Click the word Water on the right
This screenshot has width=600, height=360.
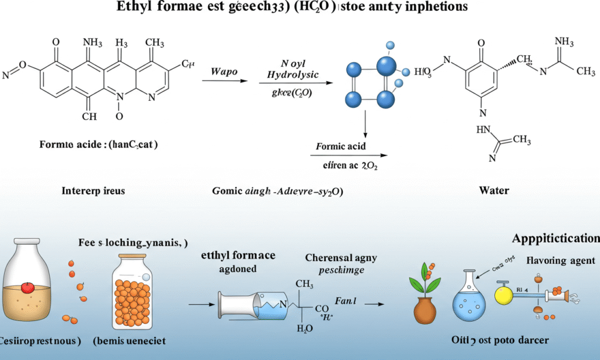click(494, 191)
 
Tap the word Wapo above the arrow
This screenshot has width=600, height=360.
click(224, 71)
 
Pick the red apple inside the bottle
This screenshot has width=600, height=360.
click(28, 286)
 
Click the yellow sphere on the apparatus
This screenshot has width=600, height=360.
click(503, 295)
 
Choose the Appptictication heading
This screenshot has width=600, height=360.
click(556, 238)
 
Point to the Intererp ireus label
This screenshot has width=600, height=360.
click(94, 191)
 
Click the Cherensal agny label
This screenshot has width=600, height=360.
click(341, 258)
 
